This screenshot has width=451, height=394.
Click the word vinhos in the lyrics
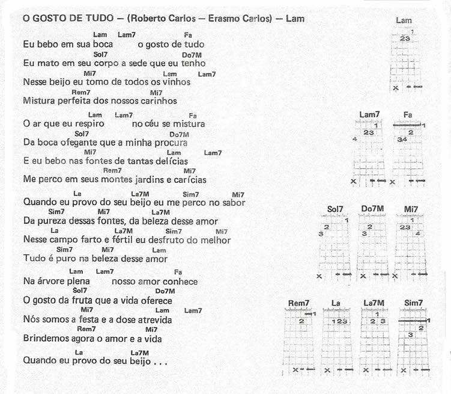tap(177, 82)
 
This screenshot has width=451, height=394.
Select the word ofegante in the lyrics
tap(73, 143)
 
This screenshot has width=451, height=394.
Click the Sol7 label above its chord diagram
tap(335, 209)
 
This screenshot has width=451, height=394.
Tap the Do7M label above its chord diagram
tap(373, 209)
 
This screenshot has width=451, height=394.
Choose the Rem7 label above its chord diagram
tap(298, 303)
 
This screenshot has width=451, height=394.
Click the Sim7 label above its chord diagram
tap(414, 303)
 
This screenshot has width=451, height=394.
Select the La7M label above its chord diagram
tap(375, 303)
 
